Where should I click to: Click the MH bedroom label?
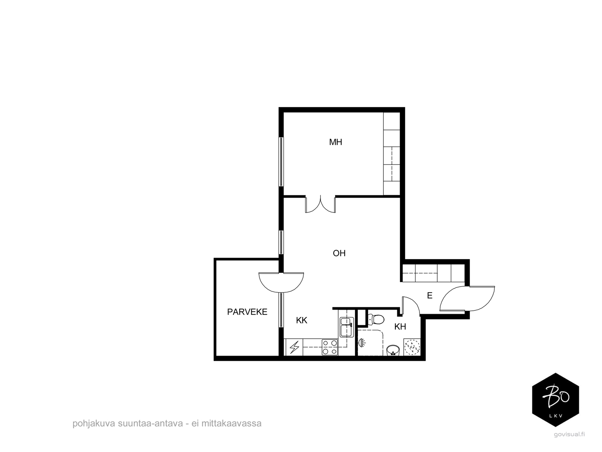tap(335, 142)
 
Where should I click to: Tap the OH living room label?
tap(339, 253)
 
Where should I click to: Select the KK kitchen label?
tap(301, 320)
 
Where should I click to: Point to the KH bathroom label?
tap(400, 327)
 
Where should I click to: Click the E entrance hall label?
tap(430, 296)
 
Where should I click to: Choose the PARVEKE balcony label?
tap(247, 312)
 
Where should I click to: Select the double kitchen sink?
tap(347, 327)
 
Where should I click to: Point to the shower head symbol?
tap(362, 343)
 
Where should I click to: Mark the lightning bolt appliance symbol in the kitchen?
tap(294, 347)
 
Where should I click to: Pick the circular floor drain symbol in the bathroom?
tap(412, 347)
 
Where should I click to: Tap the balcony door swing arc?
tap(281, 282)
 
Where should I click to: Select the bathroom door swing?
tap(411, 305)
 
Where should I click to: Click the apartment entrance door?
tap(467, 299)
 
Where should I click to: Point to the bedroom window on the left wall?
tap(281, 162)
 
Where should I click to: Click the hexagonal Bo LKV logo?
tap(555, 400)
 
